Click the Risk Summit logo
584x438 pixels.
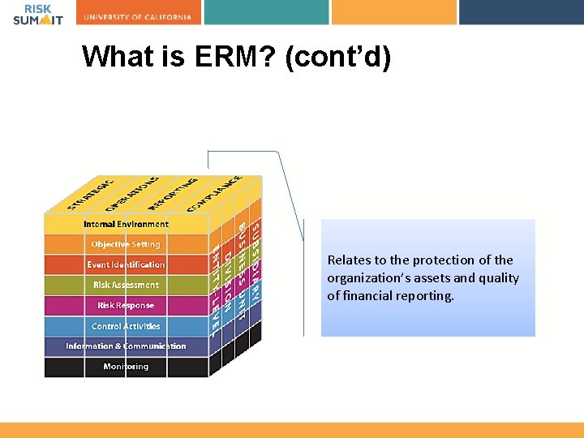[x=37, y=15]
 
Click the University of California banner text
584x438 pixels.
[x=138, y=17]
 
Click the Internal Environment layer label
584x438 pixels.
[x=126, y=224]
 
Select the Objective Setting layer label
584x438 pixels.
[x=126, y=244]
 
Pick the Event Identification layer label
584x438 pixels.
[x=126, y=264]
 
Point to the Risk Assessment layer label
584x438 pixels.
[x=126, y=285]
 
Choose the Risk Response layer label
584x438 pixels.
[x=126, y=306]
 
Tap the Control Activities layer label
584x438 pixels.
[x=126, y=326]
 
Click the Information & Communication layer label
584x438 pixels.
[x=126, y=346]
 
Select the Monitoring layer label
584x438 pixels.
[x=126, y=367]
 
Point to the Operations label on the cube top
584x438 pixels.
[x=131, y=191]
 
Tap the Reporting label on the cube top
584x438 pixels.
[x=173, y=191]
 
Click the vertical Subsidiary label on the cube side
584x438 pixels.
[x=255, y=263]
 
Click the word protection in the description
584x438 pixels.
[x=438, y=260]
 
